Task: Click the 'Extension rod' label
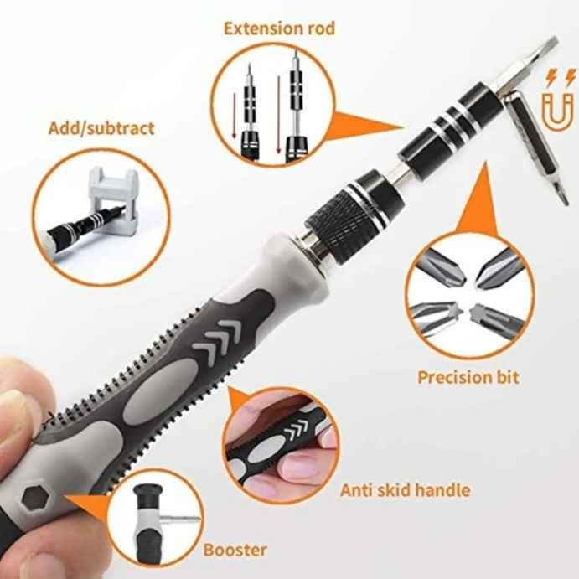(279, 28)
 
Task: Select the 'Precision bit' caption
(468, 376)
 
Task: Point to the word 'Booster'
(235, 551)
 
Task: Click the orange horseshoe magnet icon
(555, 107)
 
